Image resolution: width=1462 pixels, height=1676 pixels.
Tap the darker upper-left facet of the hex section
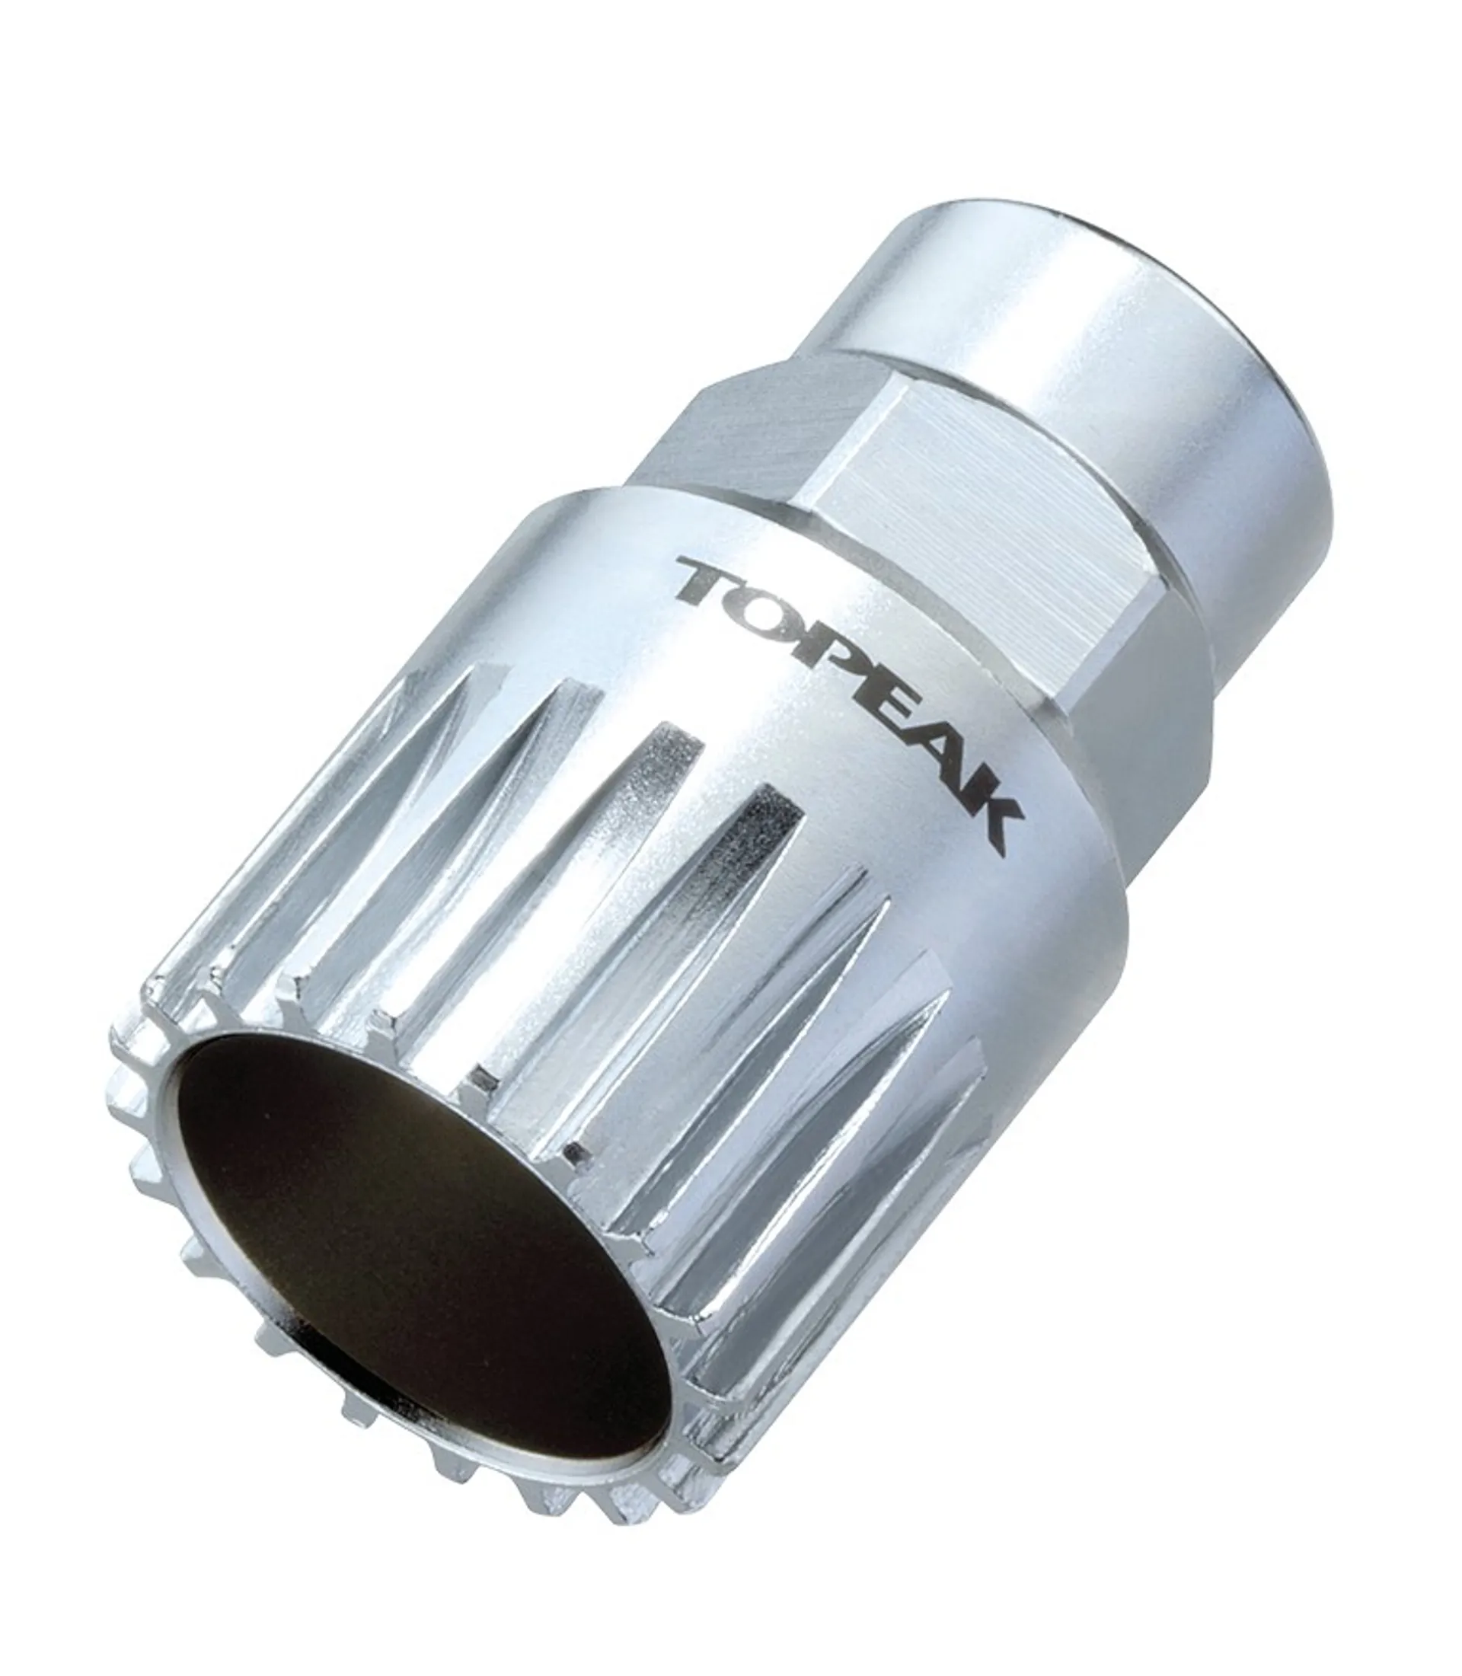click(734, 424)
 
